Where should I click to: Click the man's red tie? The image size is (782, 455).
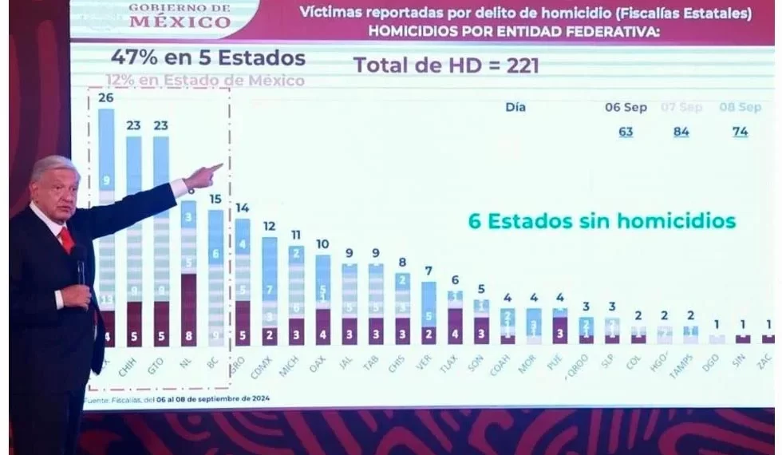(67, 239)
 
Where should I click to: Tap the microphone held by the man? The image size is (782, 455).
(81, 263)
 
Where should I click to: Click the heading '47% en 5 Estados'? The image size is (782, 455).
(207, 58)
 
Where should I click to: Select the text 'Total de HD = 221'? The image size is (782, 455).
(446, 65)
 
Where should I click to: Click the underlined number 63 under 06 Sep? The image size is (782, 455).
(626, 132)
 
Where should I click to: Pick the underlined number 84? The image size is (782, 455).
(681, 132)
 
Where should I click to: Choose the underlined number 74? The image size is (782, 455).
(741, 132)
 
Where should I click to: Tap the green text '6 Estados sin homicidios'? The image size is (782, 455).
(601, 221)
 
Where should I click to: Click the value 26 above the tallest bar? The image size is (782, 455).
(106, 97)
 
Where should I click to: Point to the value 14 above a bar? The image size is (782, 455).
(242, 208)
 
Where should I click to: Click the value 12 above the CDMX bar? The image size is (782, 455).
(270, 226)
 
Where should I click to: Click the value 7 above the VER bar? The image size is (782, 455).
(429, 271)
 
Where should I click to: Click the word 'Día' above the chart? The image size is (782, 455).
(515, 107)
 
